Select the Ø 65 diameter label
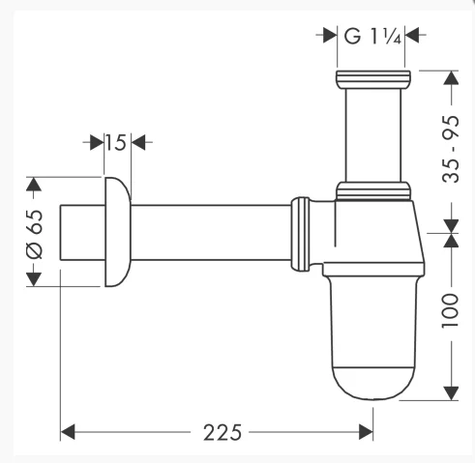click(x=34, y=233)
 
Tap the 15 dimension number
click(x=116, y=143)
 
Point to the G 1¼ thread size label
click(x=368, y=37)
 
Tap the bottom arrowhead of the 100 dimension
click(x=451, y=391)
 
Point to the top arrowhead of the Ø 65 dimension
click(x=34, y=184)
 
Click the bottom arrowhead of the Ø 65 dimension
click(x=34, y=279)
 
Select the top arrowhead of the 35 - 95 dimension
click(x=451, y=77)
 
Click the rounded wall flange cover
click(x=116, y=232)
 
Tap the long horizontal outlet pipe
click(x=208, y=232)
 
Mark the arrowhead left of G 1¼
click(x=326, y=37)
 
